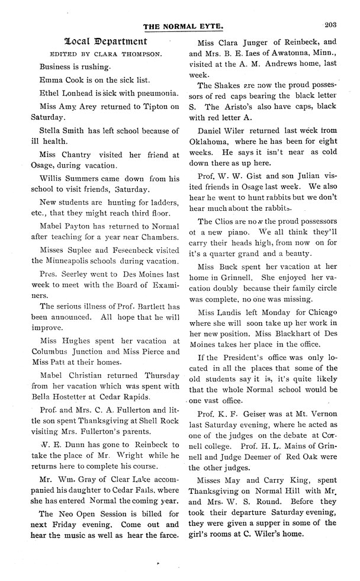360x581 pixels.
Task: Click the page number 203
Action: click(x=330, y=24)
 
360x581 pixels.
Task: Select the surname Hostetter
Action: click(x=81, y=396)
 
